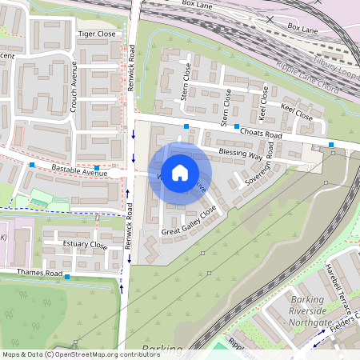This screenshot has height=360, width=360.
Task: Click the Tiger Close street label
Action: coord(96,34)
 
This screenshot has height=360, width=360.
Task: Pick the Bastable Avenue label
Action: coord(78,170)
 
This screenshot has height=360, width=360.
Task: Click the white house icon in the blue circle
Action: coord(180,172)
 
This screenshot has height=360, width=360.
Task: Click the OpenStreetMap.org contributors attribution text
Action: coord(107,354)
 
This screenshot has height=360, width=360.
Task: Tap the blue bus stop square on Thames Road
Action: coord(67,278)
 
